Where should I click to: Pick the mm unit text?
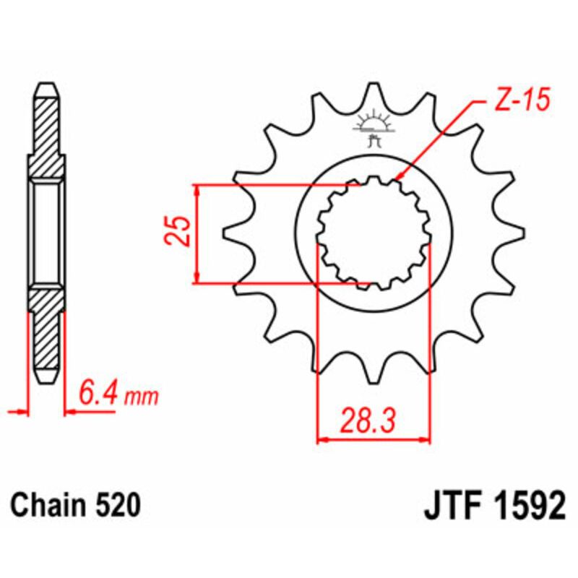[141, 397]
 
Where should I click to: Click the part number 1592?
[530, 505]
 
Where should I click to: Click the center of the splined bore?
[374, 233]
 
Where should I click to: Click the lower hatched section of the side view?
[46, 329]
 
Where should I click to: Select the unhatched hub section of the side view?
[46, 233]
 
